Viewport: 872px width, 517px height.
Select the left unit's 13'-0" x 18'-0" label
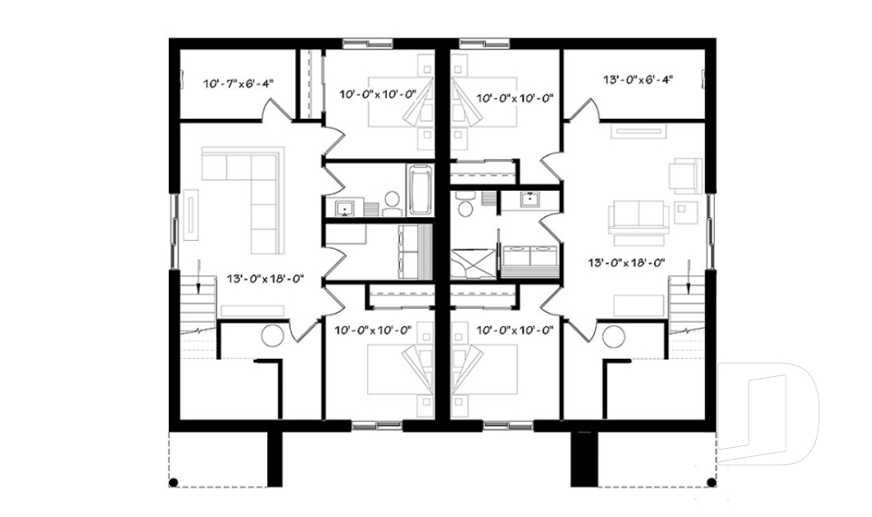(x=263, y=280)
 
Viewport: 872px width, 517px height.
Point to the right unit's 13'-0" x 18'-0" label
(x=628, y=263)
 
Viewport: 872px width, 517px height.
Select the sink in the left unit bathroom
(x=345, y=208)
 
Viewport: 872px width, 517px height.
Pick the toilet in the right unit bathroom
(x=464, y=208)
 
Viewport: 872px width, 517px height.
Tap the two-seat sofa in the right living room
(x=639, y=217)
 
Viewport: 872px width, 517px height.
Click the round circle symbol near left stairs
(x=272, y=336)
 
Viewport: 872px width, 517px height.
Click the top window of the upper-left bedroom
(x=368, y=43)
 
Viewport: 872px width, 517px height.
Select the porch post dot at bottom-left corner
(x=174, y=481)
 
